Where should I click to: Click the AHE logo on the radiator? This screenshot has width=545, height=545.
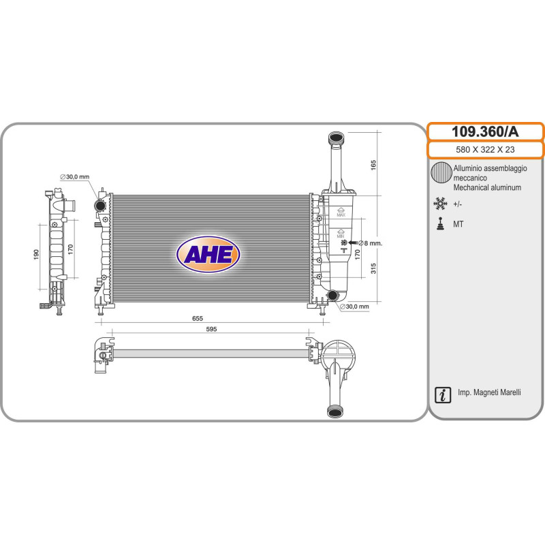(208, 254)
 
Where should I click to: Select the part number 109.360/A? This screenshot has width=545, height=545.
(485, 131)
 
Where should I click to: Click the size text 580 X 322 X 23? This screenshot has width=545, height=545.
(485, 149)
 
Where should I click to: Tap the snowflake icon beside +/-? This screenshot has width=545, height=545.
(440, 203)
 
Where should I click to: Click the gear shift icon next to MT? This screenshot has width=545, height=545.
(441, 224)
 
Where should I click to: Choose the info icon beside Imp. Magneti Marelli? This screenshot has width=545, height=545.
(443, 395)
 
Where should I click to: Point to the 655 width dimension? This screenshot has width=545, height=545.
(198, 318)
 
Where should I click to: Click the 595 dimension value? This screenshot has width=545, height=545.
(211, 329)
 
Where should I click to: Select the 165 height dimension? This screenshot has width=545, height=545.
(373, 165)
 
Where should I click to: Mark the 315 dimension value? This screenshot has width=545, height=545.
(373, 268)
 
